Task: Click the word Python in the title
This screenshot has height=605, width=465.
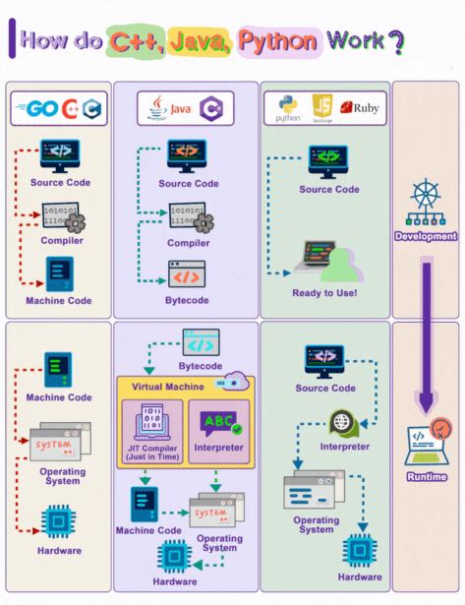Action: click(278, 40)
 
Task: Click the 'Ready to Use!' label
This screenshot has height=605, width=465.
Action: click(324, 292)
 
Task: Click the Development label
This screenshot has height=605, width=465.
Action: click(426, 236)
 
